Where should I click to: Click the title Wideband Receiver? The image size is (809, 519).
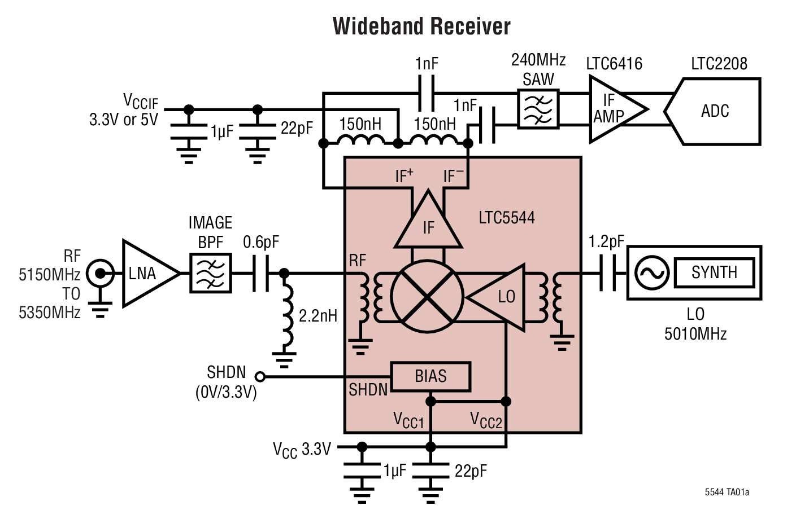click(421, 27)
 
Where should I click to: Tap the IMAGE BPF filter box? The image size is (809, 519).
click(210, 273)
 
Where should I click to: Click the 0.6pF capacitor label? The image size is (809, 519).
click(261, 242)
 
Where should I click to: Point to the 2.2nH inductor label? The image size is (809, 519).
click(317, 315)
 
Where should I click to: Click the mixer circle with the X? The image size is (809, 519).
click(427, 296)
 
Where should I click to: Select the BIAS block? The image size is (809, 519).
click(430, 377)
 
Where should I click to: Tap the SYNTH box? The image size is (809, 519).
click(714, 272)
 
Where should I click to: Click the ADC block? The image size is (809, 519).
click(715, 111)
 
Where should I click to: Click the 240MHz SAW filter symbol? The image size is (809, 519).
click(538, 109)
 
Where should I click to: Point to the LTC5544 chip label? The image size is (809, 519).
click(506, 218)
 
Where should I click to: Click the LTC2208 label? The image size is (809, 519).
click(719, 63)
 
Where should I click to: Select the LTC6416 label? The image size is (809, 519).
click(614, 63)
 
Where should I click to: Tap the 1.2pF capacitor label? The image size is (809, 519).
click(606, 241)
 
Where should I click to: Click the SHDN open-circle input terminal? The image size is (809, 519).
click(260, 376)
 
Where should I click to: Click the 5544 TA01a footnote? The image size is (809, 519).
click(727, 492)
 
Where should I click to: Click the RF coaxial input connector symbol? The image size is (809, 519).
click(101, 274)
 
